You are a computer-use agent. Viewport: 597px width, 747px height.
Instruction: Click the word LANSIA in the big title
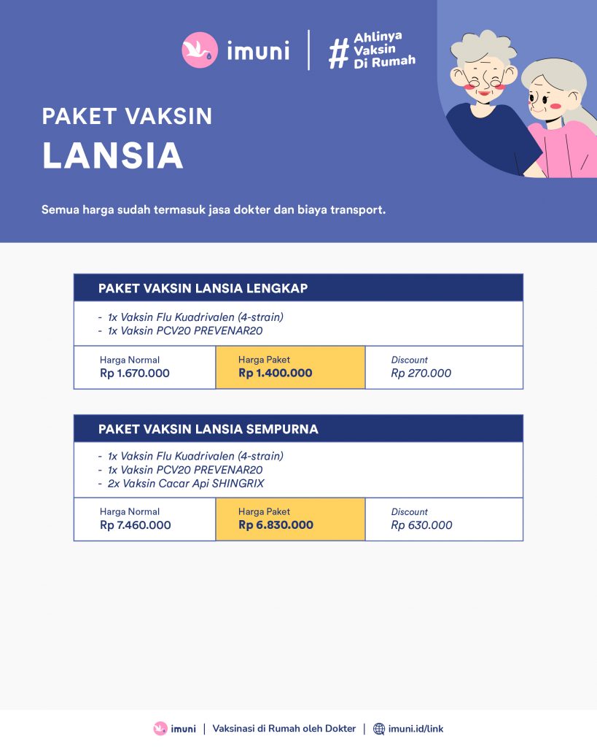point(112,155)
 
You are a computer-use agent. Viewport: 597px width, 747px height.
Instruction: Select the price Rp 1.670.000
point(135,373)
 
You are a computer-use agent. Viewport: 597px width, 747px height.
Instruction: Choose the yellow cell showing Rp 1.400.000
point(290,368)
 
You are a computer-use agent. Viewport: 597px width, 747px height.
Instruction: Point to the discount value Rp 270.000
point(421,373)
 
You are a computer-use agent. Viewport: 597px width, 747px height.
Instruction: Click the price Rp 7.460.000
point(136,525)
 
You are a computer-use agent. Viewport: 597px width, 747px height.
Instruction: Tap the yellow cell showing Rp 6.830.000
point(290,519)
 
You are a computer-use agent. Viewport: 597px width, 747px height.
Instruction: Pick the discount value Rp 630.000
point(421,525)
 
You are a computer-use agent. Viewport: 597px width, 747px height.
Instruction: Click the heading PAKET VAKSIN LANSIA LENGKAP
point(203,288)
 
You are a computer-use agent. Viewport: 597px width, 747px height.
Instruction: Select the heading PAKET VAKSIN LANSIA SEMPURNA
point(208,429)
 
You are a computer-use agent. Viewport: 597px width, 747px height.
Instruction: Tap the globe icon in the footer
point(379,729)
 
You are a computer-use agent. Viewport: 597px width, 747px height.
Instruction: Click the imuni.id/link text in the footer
point(415,729)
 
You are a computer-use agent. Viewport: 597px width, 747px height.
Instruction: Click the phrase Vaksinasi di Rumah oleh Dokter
point(284,729)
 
